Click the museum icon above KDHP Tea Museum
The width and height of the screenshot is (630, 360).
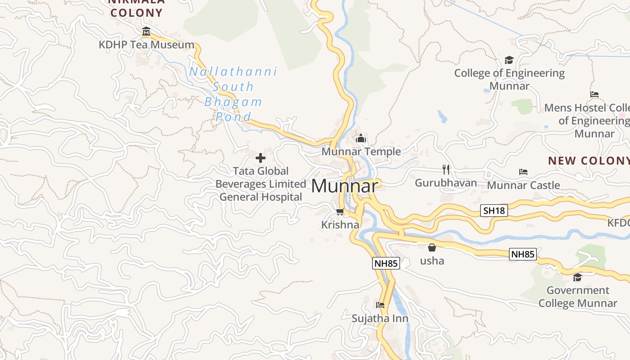(x=146, y=31)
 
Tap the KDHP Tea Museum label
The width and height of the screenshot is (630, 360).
(x=147, y=45)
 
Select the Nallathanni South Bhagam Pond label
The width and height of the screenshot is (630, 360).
(x=233, y=94)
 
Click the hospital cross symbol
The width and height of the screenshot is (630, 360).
(x=261, y=158)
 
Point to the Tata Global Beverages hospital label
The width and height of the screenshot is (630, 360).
(x=261, y=184)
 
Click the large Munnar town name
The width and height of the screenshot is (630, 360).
(x=344, y=186)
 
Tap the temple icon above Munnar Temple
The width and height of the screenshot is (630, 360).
(x=360, y=139)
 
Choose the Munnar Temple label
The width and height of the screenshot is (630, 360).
(x=361, y=152)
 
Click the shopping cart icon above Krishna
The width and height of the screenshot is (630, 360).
(x=340, y=211)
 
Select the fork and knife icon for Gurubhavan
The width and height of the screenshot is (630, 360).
(x=445, y=170)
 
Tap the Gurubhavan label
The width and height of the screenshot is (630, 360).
(x=445, y=183)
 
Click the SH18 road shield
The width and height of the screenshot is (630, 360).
(x=494, y=211)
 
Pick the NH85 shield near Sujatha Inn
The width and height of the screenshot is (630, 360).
(x=386, y=263)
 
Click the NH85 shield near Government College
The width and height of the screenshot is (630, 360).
(x=523, y=254)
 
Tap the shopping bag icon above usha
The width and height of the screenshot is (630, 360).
(x=432, y=247)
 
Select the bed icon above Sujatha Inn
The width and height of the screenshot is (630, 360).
(x=380, y=305)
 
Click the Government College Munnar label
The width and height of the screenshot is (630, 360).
(x=578, y=297)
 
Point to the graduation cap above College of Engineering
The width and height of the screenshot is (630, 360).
(x=509, y=60)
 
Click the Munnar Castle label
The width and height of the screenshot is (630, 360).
(x=523, y=185)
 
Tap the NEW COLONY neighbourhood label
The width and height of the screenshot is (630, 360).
(x=589, y=161)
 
